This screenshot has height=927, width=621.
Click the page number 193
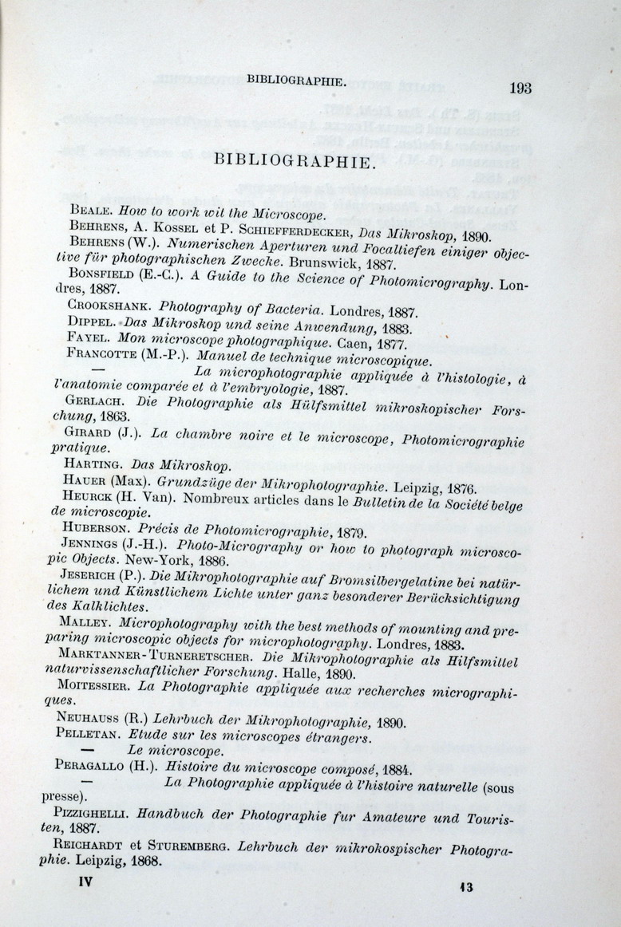point(519,89)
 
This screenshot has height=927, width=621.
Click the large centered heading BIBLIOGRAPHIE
point(294,161)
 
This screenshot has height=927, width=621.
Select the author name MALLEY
point(86,621)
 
